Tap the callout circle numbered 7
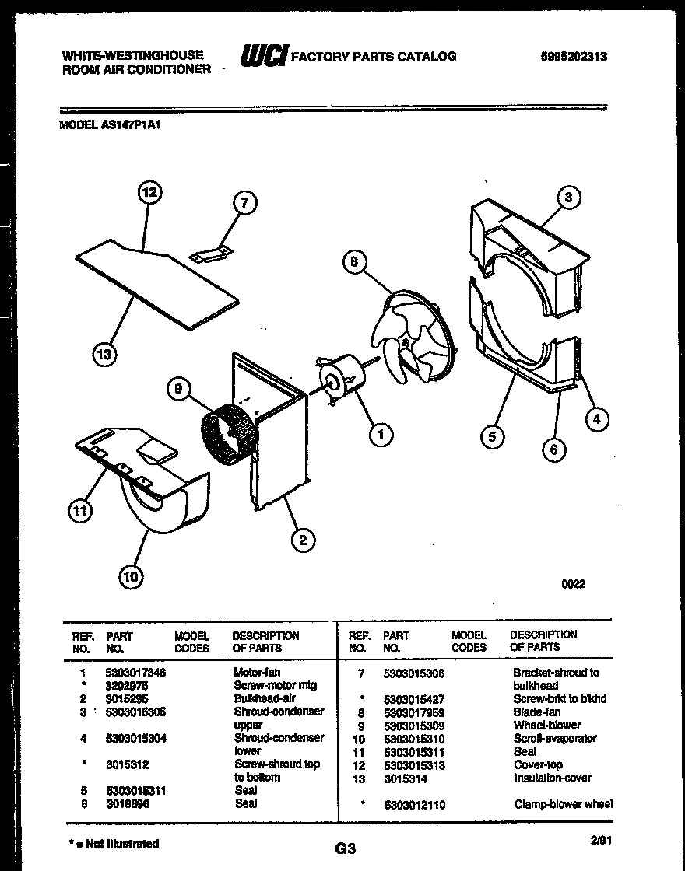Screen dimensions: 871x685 coord(244,203)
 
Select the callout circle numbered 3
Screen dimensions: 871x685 coord(568,198)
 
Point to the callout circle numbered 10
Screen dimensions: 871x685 coord(131,576)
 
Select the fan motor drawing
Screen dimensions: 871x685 coord(340,381)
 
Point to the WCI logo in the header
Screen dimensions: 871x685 coord(263,56)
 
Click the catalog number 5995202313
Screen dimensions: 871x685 coord(574,57)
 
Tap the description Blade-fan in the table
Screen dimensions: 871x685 coord(536,712)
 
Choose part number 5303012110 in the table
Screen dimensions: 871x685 coord(414,805)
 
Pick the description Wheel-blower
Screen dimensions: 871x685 coord(546,725)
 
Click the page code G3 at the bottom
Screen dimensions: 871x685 coord(345,850)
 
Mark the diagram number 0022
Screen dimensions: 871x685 coord(574,584)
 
